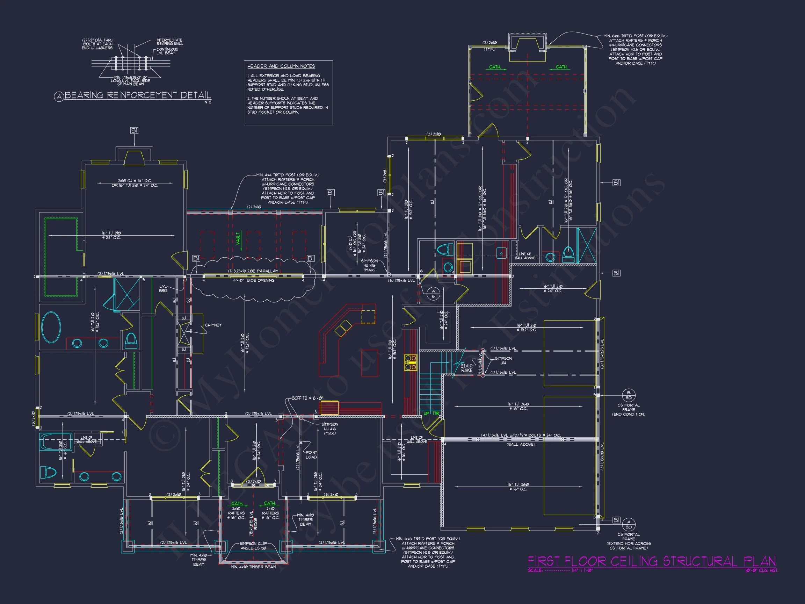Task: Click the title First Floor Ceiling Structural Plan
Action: tap(651, 561)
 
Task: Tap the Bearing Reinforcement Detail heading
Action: tap(138, 95)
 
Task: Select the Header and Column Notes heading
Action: tap(281, 66)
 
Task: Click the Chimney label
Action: tap(213, 325)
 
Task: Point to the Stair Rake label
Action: tap(466, 368)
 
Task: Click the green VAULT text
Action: tap(238, 238)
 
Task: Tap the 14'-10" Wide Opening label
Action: tap(255, 280)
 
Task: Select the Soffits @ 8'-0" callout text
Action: tap(307, 398)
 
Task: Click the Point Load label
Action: tap(311, 455)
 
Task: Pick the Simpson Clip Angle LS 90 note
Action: tap(253, 546)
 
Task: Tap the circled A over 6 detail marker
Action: tap(433, 294)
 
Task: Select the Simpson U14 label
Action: tap(503, 360)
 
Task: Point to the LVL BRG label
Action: tap(163, 288)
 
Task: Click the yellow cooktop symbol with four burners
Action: tap(410, 362)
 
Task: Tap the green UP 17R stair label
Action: tap(431, 413)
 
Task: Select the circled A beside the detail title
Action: tap(59, 97)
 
